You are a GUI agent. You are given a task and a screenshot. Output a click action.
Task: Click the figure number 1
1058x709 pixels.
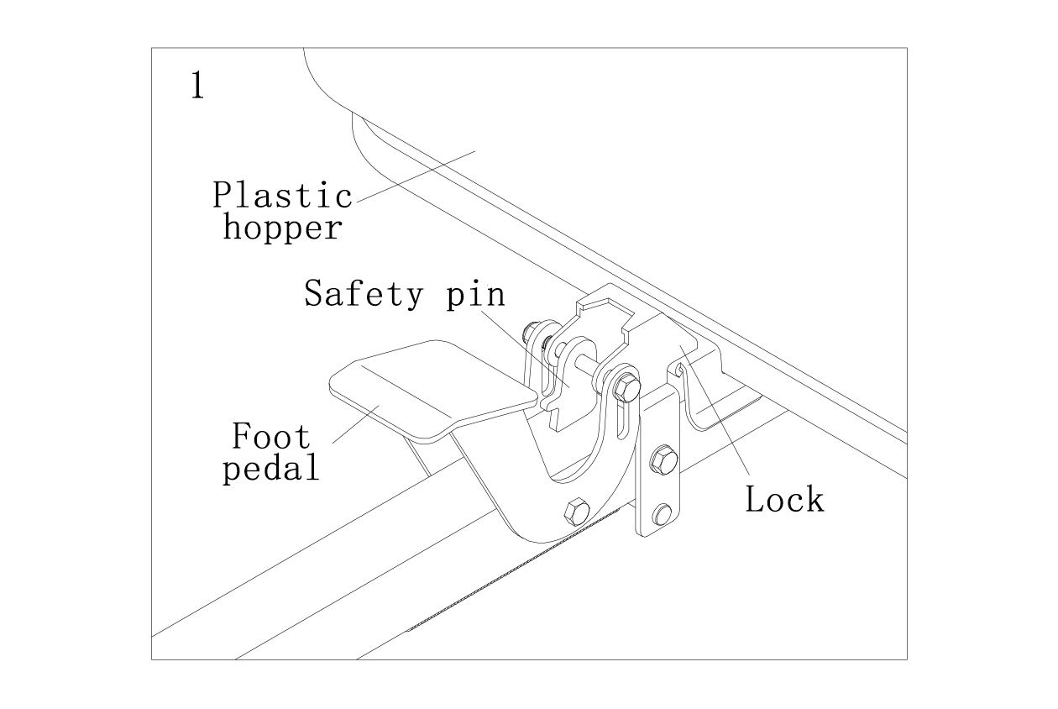pyautogui.click(x=197, y=87)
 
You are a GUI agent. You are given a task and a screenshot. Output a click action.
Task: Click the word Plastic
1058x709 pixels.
pyautogui.click(x=282, y=195)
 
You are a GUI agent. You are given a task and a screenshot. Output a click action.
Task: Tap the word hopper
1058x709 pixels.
pyautogui.click(x=282, y=228)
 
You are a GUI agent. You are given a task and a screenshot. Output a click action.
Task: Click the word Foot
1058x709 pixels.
pyautogui.click(x=270, y=436)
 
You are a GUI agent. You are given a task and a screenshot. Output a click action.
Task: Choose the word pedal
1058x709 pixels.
pyautogui.click(x=270, y=467)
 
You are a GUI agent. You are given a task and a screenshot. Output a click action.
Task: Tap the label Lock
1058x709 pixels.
pyautogui.click(x=784, y=500)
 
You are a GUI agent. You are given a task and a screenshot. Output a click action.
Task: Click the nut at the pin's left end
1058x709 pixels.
pyautogui.click(x=533, y=333)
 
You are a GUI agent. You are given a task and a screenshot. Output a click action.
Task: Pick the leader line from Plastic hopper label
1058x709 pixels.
pyautogui.click(x=416, y=176)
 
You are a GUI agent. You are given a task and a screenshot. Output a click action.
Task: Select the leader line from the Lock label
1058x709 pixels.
pyautogui.click(x=722, y=420)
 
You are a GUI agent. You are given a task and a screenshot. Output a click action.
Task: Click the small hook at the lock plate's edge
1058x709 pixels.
pyautogui.click(x=676, y=369)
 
